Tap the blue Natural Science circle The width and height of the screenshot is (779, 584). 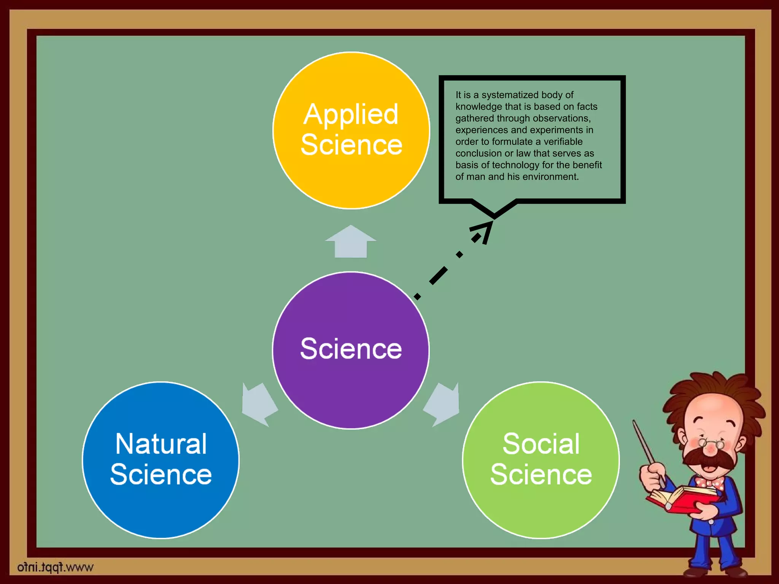pyautogui.click(x=161, y=509)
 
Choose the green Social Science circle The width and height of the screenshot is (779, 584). pyautogui.click(x=541, y=509)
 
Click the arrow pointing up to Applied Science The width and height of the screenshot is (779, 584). pyautogui.click(x=351, y=242)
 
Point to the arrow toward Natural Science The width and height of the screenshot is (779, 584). pyautogui.click(x=259, y=404)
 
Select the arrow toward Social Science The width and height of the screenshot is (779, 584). pyautogui.click(x=442, y=404)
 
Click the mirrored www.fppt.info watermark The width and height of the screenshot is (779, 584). pyautogui.click(x=55, y=567)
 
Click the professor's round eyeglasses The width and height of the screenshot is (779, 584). pyautogui.click(x=711, y=443)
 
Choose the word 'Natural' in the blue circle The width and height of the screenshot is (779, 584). pyautogui.click(x=161, y=444)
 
